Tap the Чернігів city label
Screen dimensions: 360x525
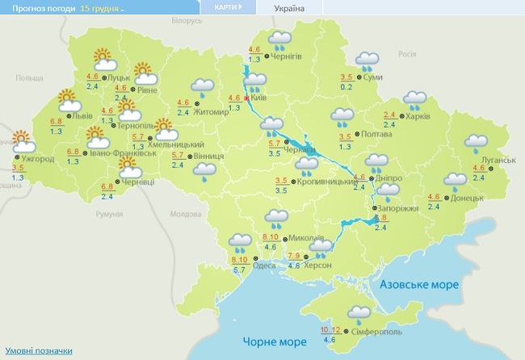[288, 56]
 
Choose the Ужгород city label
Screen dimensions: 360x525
[39, 159]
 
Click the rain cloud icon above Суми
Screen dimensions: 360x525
[367, 59]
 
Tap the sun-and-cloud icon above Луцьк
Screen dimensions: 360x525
[103, 57]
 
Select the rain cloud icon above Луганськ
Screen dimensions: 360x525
[476, 143]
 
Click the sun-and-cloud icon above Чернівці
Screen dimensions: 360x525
[128, 167]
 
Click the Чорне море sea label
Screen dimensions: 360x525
[268, 342]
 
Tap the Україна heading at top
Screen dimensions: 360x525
[289, 9]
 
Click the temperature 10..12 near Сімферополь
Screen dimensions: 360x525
[330, 330]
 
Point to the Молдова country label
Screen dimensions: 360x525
[184, 215]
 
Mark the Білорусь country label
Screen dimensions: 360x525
[187, 20]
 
